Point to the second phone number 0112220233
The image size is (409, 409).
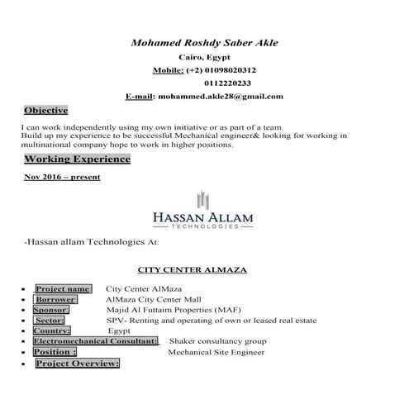tap(221, 83)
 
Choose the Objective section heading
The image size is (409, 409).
tap(45, 110)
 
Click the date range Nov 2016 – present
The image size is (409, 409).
tap(62, 177)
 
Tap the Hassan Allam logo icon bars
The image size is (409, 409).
tap(203, 200)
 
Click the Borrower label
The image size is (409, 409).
tap(55, 298)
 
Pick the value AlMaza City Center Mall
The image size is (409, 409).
tap(153, 298)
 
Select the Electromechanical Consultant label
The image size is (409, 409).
tap(95, 341)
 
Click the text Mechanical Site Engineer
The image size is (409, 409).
tap(216, 352)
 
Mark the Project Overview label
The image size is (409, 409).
tap(77, 364)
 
